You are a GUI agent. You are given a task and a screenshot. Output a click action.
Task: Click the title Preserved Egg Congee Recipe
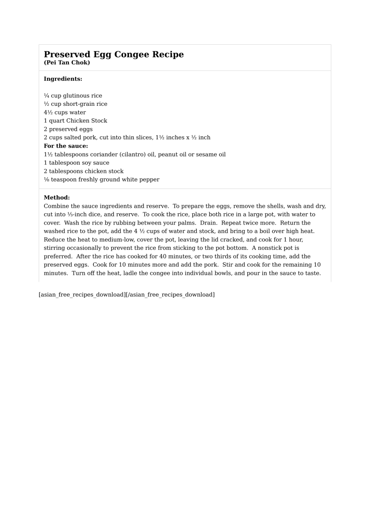click(114, 55)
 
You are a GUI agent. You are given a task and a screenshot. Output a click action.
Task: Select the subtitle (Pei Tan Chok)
click(67, 63)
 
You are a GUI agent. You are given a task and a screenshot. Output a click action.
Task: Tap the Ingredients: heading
click(63, 79)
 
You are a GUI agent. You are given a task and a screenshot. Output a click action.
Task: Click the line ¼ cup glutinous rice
click(73, 96)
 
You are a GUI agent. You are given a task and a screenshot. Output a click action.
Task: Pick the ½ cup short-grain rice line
click(75, 104)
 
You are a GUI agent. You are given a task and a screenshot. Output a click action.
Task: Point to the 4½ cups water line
click(65, 113)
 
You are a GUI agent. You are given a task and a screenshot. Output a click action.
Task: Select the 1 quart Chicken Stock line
click(75, 121)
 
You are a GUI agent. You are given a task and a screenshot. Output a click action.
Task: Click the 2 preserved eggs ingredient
click(68, 129)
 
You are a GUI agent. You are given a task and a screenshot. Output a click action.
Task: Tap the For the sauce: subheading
click(66, 146)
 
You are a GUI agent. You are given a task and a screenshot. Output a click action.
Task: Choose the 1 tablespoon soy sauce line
click(76, 163)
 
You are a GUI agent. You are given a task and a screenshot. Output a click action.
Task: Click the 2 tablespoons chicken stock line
click(83, 171)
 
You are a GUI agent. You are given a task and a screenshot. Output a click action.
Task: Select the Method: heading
click(57, 198)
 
